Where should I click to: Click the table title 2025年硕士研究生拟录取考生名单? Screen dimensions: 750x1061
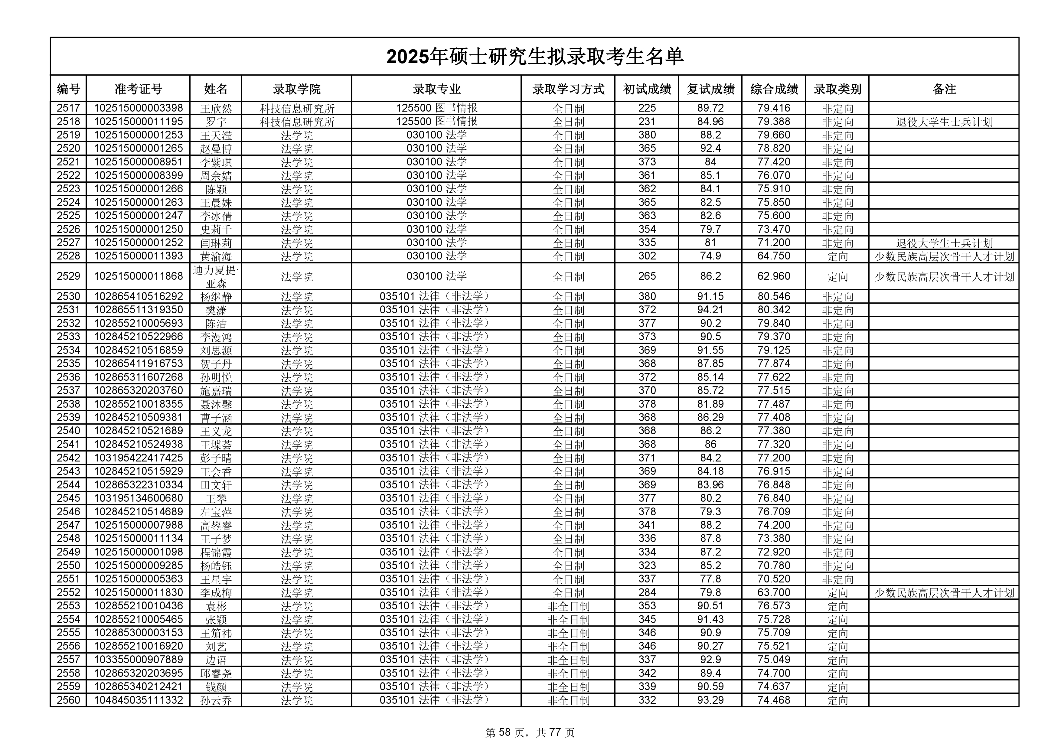coord(535,57)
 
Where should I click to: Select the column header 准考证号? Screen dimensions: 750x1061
coord(138,89)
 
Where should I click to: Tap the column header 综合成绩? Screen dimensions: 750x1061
coord(774,89)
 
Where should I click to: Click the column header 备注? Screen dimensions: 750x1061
coord(944,89)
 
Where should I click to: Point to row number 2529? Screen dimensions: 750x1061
coord(68,276)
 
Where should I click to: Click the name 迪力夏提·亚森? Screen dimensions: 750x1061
coord(216,277)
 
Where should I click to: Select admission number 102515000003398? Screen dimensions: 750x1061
coord(138,108)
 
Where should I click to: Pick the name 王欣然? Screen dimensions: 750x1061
coord(216,109)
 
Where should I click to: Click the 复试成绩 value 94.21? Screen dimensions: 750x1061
coord(710,310)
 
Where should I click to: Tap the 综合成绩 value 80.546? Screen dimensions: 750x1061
coord(774,296)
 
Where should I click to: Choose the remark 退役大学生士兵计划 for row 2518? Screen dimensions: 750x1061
coord(944,122)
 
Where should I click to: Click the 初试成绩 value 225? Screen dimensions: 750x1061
coord(647,108)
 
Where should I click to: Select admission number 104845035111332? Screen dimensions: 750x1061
coord(138,700)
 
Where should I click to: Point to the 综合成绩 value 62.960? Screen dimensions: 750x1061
coord(774,276)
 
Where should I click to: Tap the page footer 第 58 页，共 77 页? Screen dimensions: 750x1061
coord(530,732)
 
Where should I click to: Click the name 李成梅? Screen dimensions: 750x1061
coord(216,593)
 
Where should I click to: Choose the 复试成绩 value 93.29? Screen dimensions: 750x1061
coord(710,700)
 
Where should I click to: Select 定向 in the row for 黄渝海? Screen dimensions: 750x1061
coord(837,256)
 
